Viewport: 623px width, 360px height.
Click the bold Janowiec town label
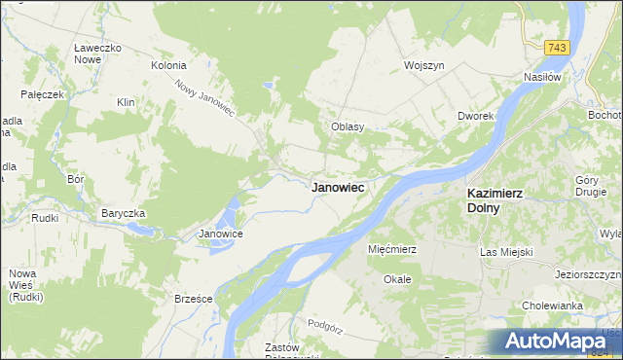coord(338,188)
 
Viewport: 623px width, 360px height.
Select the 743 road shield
coord(556,48)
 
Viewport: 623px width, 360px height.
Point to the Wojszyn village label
coord(424,65)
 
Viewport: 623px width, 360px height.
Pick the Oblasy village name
coord(347,126)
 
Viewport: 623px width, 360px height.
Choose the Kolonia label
coord(167,65)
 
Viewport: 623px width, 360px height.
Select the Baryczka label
coord(123,213)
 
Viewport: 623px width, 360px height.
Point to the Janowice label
coord(220,234)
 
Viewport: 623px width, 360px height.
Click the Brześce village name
coord(193,299)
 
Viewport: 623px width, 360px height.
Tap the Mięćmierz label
coord(392,249)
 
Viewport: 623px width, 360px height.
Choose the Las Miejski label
coord(507,252)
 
